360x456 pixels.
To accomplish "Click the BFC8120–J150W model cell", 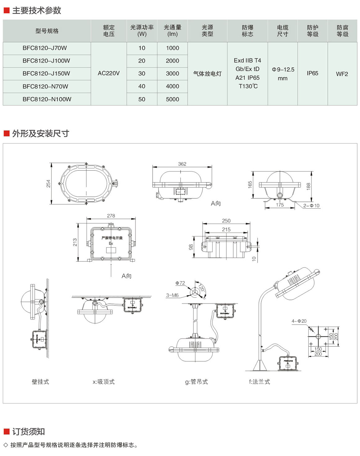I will click(46, 74).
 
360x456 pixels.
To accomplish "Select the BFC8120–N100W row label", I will click(47, 99).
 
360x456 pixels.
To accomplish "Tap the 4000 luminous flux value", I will click(173, 86).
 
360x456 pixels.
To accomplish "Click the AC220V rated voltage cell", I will click(109, 73).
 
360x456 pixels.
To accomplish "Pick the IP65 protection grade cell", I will click(313, 73).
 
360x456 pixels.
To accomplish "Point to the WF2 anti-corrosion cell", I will click(342, 74).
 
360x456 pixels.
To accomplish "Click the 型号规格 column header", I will click(47, 31).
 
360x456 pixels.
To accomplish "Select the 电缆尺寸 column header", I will click(282, 31).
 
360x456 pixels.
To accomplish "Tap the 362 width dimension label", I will click(182, 164).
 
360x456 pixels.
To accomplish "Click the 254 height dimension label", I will click(48, 183).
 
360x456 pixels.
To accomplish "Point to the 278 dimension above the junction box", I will click(111, 216).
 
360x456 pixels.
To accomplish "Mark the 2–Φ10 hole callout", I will click(311, 205).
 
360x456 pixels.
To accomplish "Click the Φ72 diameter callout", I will click(180, 283).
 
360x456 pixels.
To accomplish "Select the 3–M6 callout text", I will click(172, 295).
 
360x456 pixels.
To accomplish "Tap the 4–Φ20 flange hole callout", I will click(299, 321).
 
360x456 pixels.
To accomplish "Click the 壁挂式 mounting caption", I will click(40, 382).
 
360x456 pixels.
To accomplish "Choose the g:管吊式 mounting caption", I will click(196, 382).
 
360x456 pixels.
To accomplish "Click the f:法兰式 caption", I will click(259, 382).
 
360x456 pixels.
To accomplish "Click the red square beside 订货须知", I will click(7, 431).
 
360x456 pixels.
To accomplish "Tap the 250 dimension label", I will click(226, 221).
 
